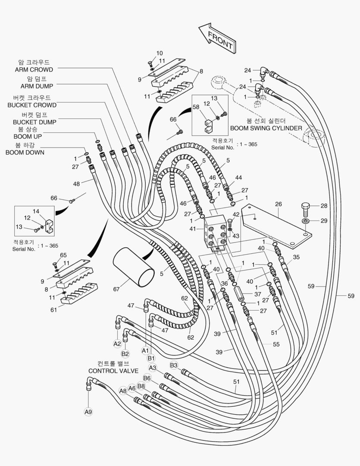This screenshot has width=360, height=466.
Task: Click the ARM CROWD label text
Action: click(34, 69)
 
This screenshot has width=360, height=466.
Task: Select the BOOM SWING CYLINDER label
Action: click(266, 128)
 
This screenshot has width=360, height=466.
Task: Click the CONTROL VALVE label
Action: click(113, 371)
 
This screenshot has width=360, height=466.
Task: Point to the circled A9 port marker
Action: click(88, 412)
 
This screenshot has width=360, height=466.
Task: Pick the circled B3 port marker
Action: click(174, 365)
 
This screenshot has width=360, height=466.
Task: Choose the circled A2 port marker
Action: click(117, 344)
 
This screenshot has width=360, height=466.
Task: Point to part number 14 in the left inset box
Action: click(36, 211)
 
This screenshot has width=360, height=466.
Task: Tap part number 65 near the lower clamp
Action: click(63, 255)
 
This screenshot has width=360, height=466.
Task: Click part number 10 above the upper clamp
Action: click(159, 53)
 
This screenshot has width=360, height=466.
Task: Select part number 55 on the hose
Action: click(276, 344)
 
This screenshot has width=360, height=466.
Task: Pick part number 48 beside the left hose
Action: click(76, 183)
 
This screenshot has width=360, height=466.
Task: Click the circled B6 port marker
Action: click(147, 378)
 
